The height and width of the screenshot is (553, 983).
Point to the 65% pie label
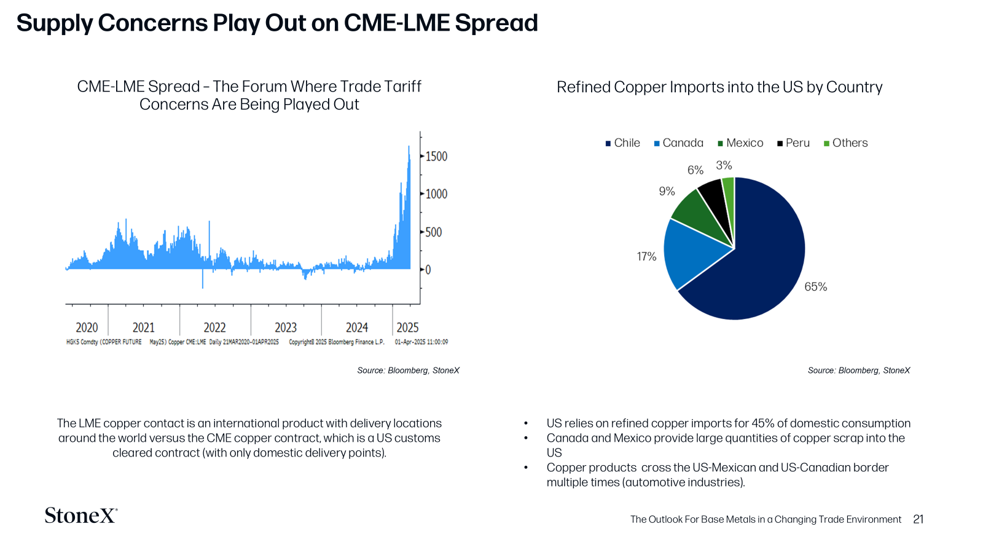pos(815,286)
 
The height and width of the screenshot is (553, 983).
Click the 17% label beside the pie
pos(646,256)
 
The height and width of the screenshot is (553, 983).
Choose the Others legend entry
pos(845,143)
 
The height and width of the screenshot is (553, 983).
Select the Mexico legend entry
pos(740,143)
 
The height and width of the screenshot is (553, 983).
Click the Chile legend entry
pos(623,143)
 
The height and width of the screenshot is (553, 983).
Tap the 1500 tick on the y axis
pos(436,156)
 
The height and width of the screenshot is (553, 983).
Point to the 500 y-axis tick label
pos(434,232)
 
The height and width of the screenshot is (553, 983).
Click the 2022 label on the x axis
pos(214,327)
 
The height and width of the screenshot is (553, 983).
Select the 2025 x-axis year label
pos(408,327)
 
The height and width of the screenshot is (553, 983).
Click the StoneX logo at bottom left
pos(81,516)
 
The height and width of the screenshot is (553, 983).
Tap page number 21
pos(918,520)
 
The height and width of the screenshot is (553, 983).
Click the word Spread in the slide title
pos(496,23)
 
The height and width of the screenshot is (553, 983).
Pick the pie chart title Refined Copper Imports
pos(719,87)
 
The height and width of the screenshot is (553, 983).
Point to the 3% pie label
pos(724,165)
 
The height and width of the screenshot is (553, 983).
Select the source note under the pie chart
pos(859,371)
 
